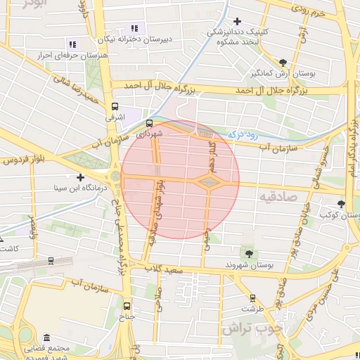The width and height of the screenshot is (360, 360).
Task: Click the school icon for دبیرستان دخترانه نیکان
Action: tap(134, 28)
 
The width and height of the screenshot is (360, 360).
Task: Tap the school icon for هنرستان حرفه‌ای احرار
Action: tap(72, 44)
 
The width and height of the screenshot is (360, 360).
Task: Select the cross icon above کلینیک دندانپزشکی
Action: tap(237, 22)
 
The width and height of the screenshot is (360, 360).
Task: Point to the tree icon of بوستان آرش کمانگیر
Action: tap(283, 63)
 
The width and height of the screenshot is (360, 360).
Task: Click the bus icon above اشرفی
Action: tap(115, 106)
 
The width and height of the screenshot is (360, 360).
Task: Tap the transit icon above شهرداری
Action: tap(157, 123)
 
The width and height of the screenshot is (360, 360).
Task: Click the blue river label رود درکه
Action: tap(243, 133)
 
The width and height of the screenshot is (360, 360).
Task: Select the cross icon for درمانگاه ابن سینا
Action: tap(81, 178)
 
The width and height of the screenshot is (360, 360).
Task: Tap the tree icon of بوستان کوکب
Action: tap(341, 203)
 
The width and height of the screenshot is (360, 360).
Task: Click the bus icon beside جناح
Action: tap(127, 306)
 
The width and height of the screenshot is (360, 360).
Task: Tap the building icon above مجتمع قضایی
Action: tap(46, 337)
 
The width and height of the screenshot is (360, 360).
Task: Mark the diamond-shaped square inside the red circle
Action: tap(209, 183)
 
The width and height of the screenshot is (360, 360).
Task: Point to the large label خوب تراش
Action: tap(251, 328)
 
